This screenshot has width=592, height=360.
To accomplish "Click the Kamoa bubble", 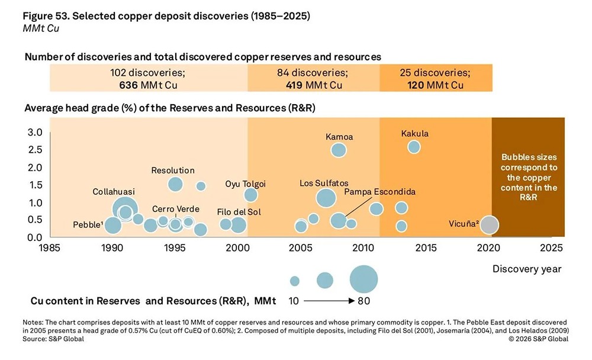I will coord(338,150).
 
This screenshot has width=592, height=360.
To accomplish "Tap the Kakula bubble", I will coord(414,146).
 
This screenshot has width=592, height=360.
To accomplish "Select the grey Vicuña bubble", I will coord(489,224).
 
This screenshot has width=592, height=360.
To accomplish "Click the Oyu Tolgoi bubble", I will coord(250,195).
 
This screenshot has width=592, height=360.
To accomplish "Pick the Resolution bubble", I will coord(175,184).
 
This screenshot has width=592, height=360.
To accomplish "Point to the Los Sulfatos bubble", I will coord(326,197).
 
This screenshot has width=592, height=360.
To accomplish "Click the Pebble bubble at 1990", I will coord(112,225).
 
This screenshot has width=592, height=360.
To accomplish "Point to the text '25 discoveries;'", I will coord(440,73).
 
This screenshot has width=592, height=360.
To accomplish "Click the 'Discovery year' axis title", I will coord(526,269).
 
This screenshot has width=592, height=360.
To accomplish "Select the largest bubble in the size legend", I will coord(363,279).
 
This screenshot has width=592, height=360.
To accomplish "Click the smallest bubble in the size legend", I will coord(294,281).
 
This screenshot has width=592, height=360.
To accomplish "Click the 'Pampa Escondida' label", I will coord(379,192).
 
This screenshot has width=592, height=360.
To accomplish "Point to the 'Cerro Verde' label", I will coord(175,209).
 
